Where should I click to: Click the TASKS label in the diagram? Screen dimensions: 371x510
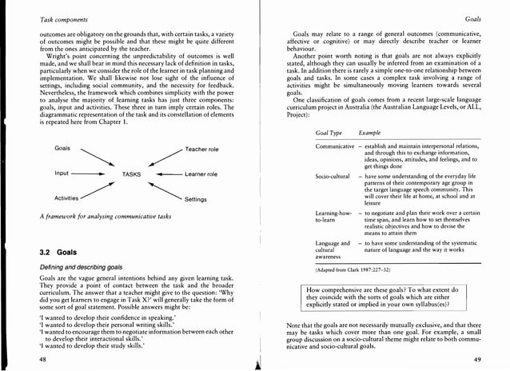coord(132,174)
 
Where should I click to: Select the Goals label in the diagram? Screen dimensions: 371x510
coord(63,149)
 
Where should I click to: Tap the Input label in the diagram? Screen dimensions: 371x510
coord(62,174)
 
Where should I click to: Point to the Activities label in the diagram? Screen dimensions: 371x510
coord(66,197)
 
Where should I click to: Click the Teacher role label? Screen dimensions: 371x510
coord(201,150)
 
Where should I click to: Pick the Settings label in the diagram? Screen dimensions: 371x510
coord(196,199)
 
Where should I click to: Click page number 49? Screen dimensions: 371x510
coord(477,360)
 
